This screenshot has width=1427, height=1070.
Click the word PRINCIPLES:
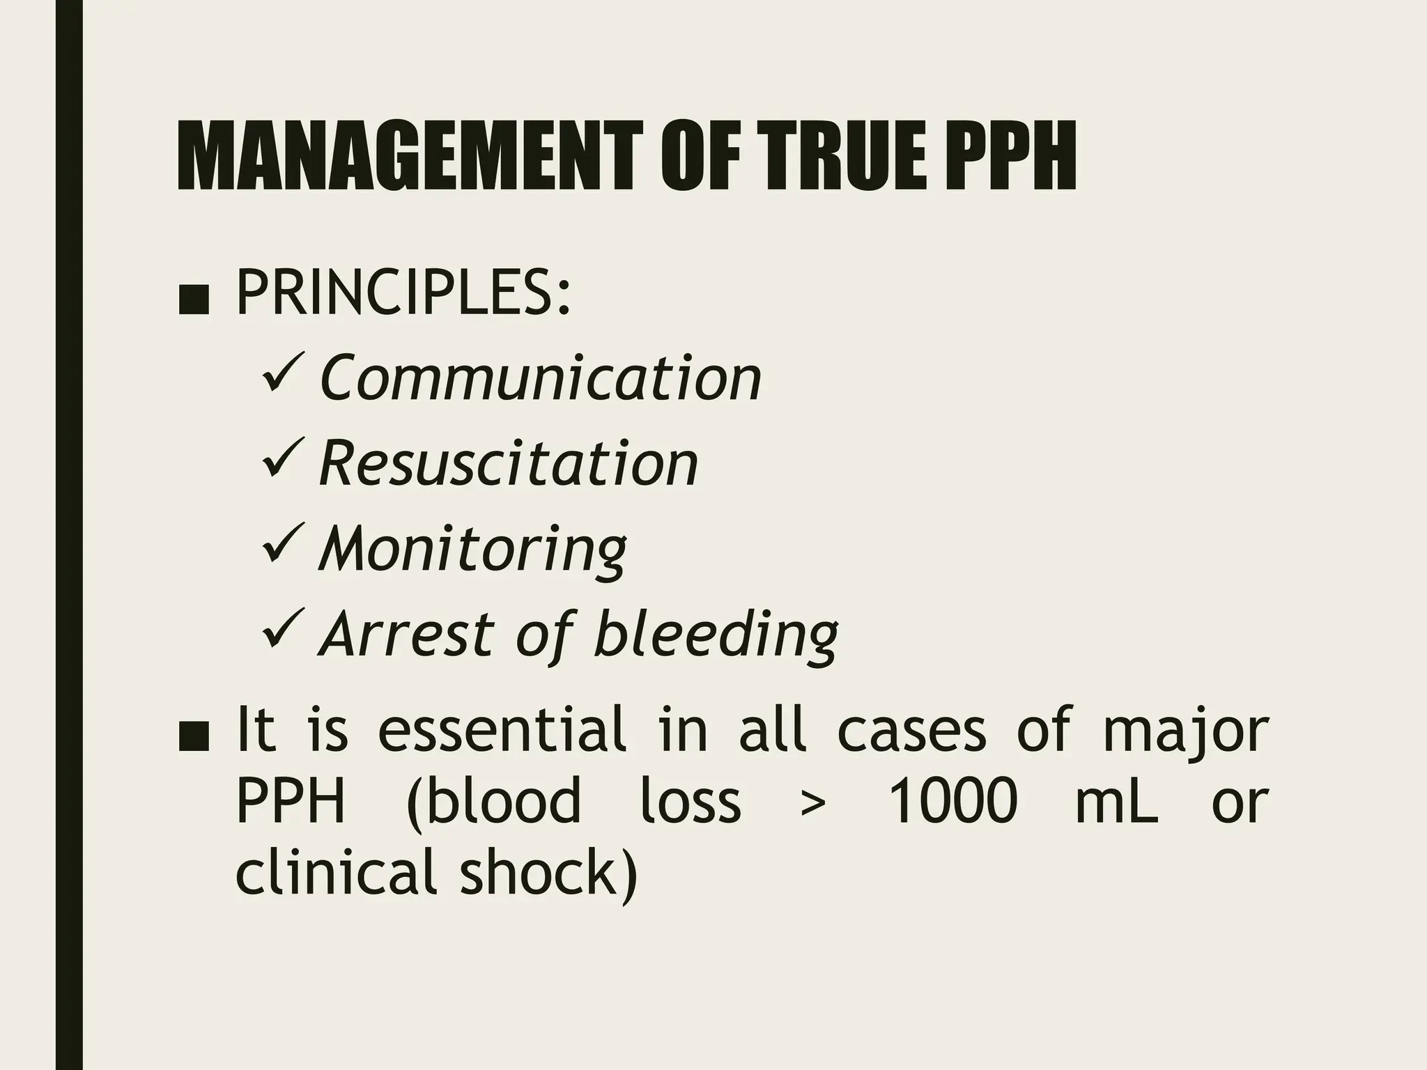click(x=403, y=295)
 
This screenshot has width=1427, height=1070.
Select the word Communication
click(x=541, y=378)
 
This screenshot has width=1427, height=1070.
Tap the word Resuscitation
click(x=509, y=464)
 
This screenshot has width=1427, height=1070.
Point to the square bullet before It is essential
click(x=193, y=740)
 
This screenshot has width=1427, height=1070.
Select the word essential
click(x=501, y=730)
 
